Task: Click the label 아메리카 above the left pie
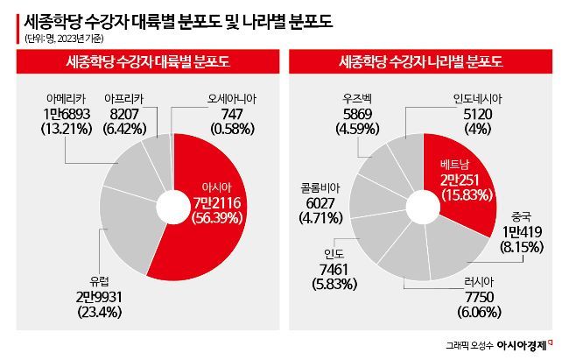(65, 99)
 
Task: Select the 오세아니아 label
(227, 99)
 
